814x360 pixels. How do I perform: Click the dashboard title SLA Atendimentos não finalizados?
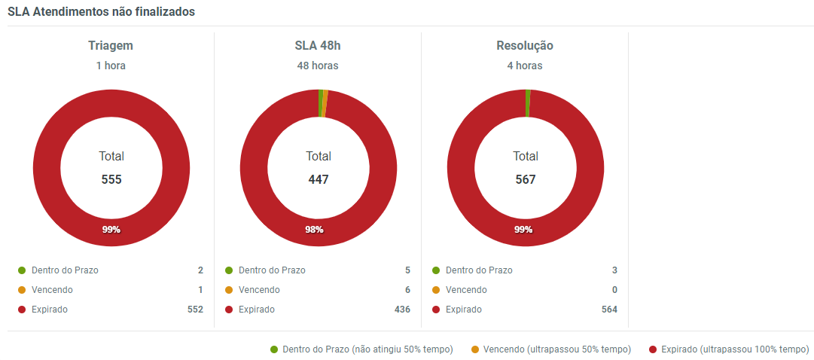coord(102,12)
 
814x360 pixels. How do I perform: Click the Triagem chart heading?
coord(111,46)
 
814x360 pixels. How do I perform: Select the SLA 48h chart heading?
coord(318,46)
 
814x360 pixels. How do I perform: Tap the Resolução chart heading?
coord(525,46)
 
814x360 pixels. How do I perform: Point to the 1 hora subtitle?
coord(111,66)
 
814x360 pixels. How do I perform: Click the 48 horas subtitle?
coord(318,66)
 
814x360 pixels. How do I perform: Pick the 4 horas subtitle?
coord(525,66)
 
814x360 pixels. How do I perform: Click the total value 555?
coord(111,180)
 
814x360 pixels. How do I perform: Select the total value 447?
coord(319,180)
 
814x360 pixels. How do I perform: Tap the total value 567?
coord(526,180)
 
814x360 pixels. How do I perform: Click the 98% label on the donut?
coord(314,230)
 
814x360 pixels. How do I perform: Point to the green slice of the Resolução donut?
coord(528,103)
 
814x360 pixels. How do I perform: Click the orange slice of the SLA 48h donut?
coord(325,103)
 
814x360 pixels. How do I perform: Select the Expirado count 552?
coord(195,310)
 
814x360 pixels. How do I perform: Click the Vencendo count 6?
coord(407,290)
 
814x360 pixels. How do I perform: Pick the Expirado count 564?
coord(609,310)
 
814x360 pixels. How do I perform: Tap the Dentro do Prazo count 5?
coord(407,270)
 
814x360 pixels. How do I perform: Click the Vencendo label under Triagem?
coord(52,290)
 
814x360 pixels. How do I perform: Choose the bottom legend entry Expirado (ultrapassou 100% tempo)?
coord(729,349)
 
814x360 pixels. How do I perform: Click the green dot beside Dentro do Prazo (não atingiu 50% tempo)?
coord(274,349)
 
